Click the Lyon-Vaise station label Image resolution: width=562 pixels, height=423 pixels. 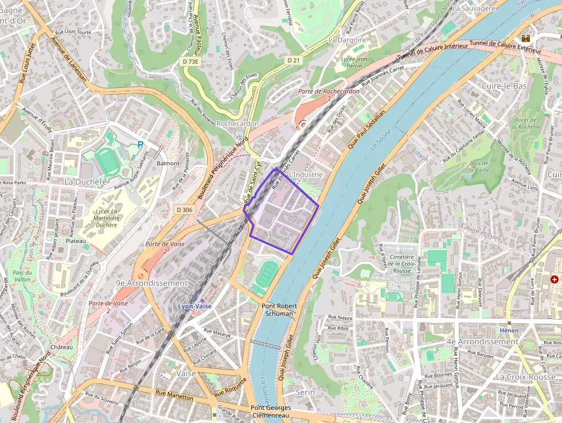pos(194,306)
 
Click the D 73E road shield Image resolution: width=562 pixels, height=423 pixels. pos(190,61)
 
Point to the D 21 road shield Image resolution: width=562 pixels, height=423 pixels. pos(293,60)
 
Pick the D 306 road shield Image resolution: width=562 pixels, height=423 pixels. pos(185,210)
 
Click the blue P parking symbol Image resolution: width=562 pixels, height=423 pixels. pos(140,146)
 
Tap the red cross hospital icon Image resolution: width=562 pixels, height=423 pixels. pos(554,280)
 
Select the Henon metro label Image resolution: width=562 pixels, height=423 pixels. pos(509,331)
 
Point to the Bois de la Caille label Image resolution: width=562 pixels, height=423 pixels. pos(479,166)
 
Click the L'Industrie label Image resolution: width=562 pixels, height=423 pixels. pos(307,174)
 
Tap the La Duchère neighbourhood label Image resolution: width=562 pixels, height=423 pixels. pos(86,182)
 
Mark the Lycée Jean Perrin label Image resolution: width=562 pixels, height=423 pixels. pos(354,63)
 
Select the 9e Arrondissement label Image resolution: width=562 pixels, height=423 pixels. pos(151,284)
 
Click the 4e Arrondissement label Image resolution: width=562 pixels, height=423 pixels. pos(482,341)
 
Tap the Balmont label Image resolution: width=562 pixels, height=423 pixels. pos(168,164)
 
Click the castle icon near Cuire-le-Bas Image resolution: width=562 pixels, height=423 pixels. pos(525,38)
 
